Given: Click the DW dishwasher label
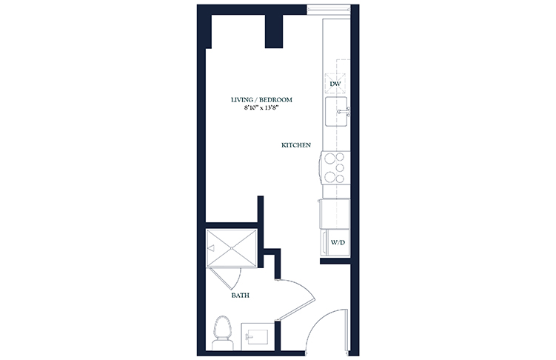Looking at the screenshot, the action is coord(335,84).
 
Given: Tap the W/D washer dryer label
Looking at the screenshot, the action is coord(338,243).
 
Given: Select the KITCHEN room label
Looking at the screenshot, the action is coord(296,145).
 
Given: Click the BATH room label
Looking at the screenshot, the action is coord(241,295).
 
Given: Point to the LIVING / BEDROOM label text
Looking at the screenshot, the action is coord(261,100).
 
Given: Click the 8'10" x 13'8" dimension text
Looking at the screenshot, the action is coord(261,107).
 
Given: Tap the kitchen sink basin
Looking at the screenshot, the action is coord(336,111).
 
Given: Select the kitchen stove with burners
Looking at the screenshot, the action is coord(335,167).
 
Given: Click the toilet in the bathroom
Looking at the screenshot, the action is coord(223,333).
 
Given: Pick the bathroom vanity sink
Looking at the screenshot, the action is coord(258,336).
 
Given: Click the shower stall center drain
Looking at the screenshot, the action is coord(232,248).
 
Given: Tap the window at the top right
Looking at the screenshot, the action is coord(329,10).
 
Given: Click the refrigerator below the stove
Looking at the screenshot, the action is coord(335,213).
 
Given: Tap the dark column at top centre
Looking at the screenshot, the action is coord(274,31).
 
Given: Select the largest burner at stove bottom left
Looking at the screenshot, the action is coord(329,176).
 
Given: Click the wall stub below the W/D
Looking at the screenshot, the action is coord(335,261).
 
